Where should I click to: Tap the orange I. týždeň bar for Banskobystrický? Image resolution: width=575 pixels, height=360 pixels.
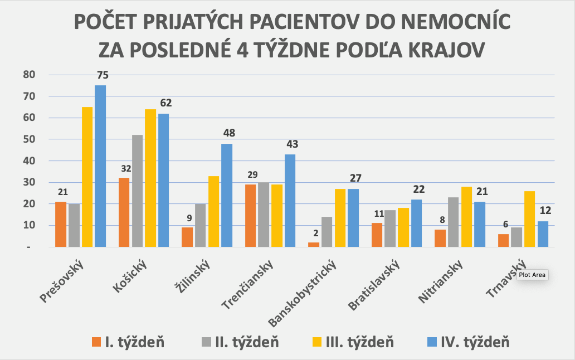click(x=314, y=245)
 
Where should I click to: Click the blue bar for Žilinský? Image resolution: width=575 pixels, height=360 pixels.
click(x=227, y=195)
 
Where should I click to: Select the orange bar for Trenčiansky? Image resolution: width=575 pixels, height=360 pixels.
click(x=250, y=216)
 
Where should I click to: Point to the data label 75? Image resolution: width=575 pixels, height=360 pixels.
click(x=102, y=75)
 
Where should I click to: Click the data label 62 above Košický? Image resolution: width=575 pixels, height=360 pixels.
click(x=165, y=103)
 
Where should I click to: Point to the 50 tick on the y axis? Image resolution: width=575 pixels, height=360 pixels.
click(x=28, y=139)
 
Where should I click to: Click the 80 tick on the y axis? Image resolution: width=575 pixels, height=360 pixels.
click(x=28, y=75)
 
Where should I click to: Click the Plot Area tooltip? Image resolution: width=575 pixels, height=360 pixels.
click(x=533, y=275)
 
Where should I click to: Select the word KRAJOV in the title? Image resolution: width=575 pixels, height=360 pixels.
click(x=440, y=48)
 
